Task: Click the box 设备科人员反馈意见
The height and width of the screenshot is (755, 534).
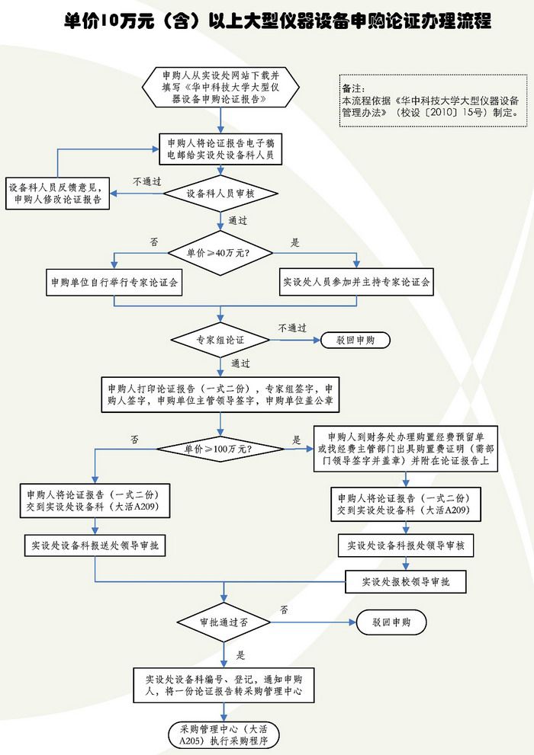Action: tap(59, 194)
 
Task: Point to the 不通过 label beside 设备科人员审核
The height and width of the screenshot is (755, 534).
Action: tap(147, 182)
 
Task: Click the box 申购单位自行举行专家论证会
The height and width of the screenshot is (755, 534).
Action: tap(114, 282)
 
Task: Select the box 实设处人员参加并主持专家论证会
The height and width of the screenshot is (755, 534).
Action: tap(357, 282)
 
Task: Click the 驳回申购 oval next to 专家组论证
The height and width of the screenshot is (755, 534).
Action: tap(355, 340)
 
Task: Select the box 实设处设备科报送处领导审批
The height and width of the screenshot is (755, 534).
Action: tap(95, 545)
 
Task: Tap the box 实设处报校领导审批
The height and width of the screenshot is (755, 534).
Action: tap(405, 581)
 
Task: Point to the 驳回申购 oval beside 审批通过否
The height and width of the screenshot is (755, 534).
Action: tap(391, 622)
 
